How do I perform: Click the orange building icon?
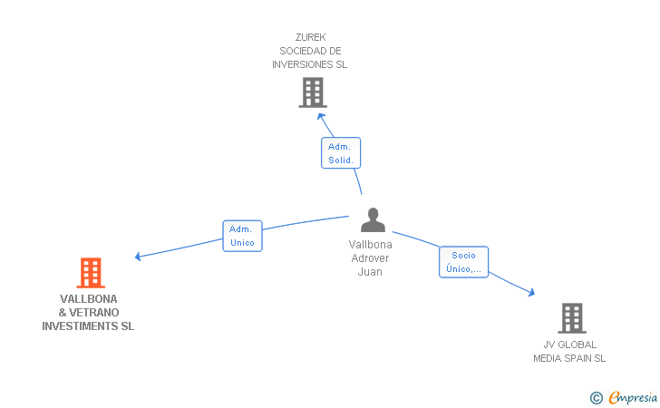[x=91, y=273]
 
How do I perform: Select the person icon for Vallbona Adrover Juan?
[x=373, y=219]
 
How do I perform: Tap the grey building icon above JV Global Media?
[x=572, y=318]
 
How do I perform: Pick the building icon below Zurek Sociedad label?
[x=313, y=92]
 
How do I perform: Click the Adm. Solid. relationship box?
[x=341, y=153]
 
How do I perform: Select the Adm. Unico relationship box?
[x=242, y=236]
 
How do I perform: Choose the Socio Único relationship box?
[x=463, y=262]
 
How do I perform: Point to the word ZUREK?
[x=311, y=37]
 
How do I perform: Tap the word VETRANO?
[x=94, y=313]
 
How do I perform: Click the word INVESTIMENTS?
[x=80, y=326]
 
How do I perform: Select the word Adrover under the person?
[x=370, y=258]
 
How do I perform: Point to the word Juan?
[x=370, y=272]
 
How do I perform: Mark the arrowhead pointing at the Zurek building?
[x=321, y=116]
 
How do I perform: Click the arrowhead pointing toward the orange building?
[x=138, y=256]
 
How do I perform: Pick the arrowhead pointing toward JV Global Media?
[x=531, y=292]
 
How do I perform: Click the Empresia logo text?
[x=633, y=397]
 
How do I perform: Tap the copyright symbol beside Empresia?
[x=597, y=398]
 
